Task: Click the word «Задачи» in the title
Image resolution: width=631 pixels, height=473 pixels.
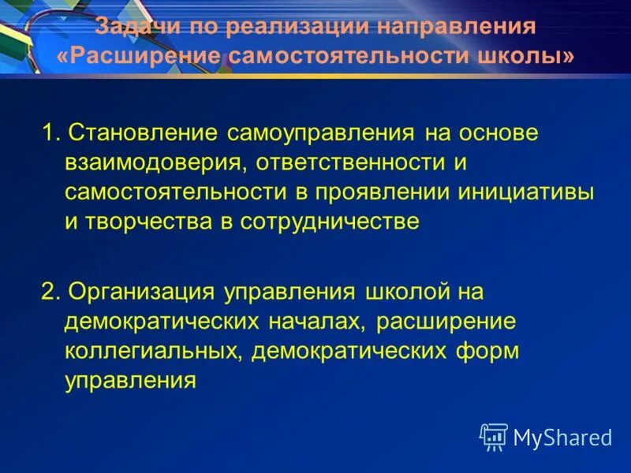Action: click(134, 28)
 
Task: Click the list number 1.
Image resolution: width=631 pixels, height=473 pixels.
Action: click(50, 132)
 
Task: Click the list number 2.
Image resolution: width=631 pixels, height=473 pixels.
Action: click(50, 292)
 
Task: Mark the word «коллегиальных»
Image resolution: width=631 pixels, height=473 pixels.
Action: click(151, 351)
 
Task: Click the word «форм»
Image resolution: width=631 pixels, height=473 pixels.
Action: click(492, 351)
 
